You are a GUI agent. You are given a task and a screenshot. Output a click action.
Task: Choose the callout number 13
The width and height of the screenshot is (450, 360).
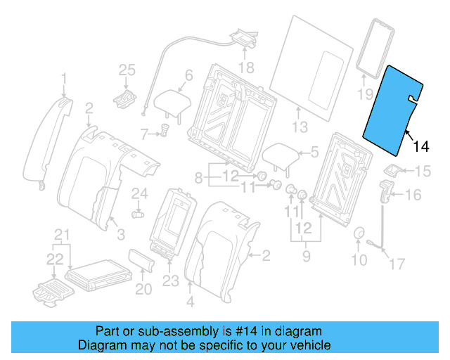point(300,127)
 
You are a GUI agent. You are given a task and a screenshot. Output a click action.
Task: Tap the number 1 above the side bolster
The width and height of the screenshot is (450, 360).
point(64,77)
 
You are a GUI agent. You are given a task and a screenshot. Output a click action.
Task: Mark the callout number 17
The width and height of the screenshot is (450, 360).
point(398,264)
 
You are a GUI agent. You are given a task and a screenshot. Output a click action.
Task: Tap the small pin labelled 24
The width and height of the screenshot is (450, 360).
point(138,211)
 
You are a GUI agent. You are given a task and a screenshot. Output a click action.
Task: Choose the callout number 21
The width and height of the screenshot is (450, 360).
point(63,234)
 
